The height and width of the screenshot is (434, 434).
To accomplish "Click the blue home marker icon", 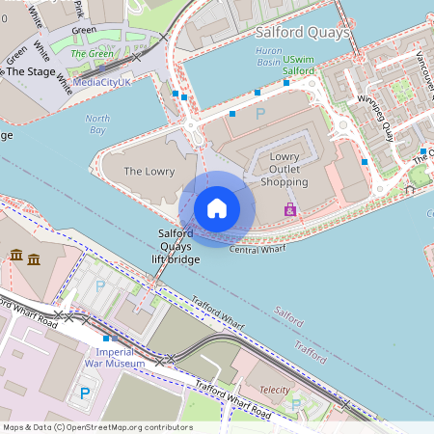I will click(x=216, y=208).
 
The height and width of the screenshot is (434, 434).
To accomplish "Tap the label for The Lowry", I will click(x=149, y=172).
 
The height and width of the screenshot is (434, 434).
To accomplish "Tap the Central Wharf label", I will click(x=258, y=250).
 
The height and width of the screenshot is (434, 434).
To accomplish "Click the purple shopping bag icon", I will click(x=290, y=209).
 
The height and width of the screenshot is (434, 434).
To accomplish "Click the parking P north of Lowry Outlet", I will click(x=259, y=114).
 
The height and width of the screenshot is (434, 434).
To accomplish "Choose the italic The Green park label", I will click(x=95, y=53).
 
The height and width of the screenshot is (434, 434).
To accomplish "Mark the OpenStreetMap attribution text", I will click(x=96, y=427).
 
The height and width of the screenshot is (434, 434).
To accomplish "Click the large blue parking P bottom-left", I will click(x=85, y=393).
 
